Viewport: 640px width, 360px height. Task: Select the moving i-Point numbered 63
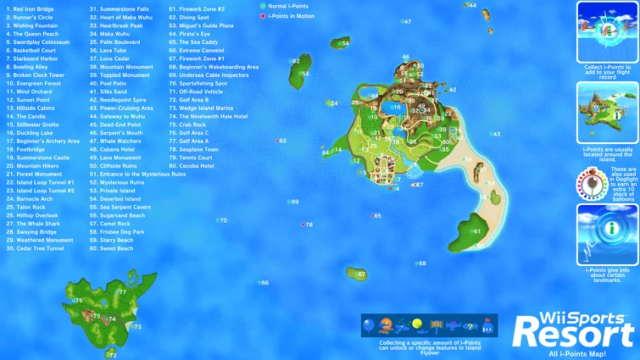276,141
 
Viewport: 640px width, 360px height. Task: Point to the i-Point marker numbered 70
218,220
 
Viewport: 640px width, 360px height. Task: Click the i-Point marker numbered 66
259,283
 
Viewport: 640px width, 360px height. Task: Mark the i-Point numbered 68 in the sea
416,263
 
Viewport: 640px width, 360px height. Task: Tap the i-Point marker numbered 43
492,134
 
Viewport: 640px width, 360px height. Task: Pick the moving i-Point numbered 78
303,224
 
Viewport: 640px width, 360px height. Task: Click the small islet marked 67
357,274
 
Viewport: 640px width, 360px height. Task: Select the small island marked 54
341,42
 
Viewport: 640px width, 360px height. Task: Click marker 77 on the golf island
122,292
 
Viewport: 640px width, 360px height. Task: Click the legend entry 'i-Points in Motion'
289,16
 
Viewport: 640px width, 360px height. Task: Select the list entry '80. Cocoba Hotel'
192,166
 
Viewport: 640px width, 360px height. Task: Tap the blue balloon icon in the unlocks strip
368,324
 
